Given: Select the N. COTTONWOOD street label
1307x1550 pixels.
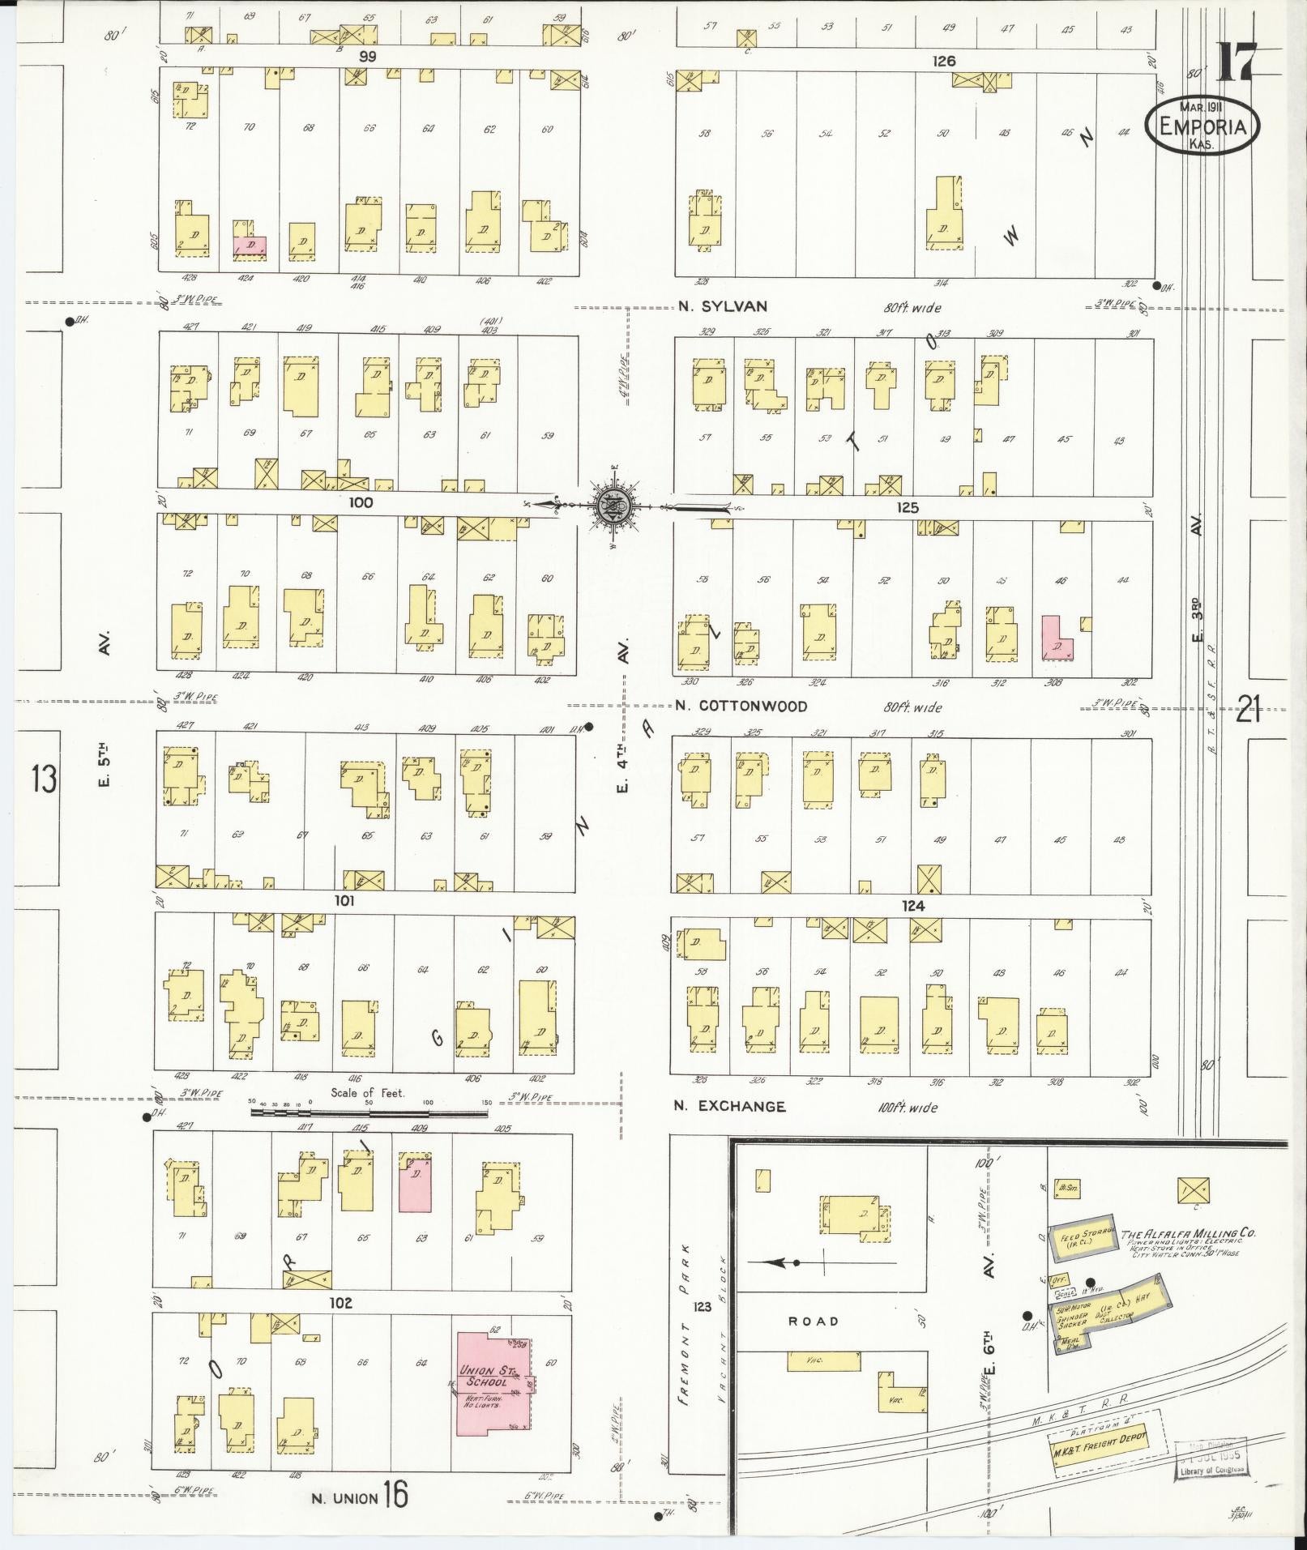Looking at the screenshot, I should [741, 706].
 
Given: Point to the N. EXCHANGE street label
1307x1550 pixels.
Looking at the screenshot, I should [730, 1106].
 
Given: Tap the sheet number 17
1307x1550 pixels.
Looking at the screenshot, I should [1235, 62].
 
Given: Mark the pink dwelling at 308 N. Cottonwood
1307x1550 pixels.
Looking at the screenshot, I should [1056, 638].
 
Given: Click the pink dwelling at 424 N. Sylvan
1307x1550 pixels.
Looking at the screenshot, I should [250, 246].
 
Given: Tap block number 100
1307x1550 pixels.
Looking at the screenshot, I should [361, 502].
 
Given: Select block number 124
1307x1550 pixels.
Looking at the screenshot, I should [913, 906].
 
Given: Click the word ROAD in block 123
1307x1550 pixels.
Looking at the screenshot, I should [814, 1321].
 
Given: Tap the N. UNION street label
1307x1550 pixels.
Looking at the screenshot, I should [345, 1499].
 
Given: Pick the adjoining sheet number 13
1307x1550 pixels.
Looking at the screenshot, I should [44, 779].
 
